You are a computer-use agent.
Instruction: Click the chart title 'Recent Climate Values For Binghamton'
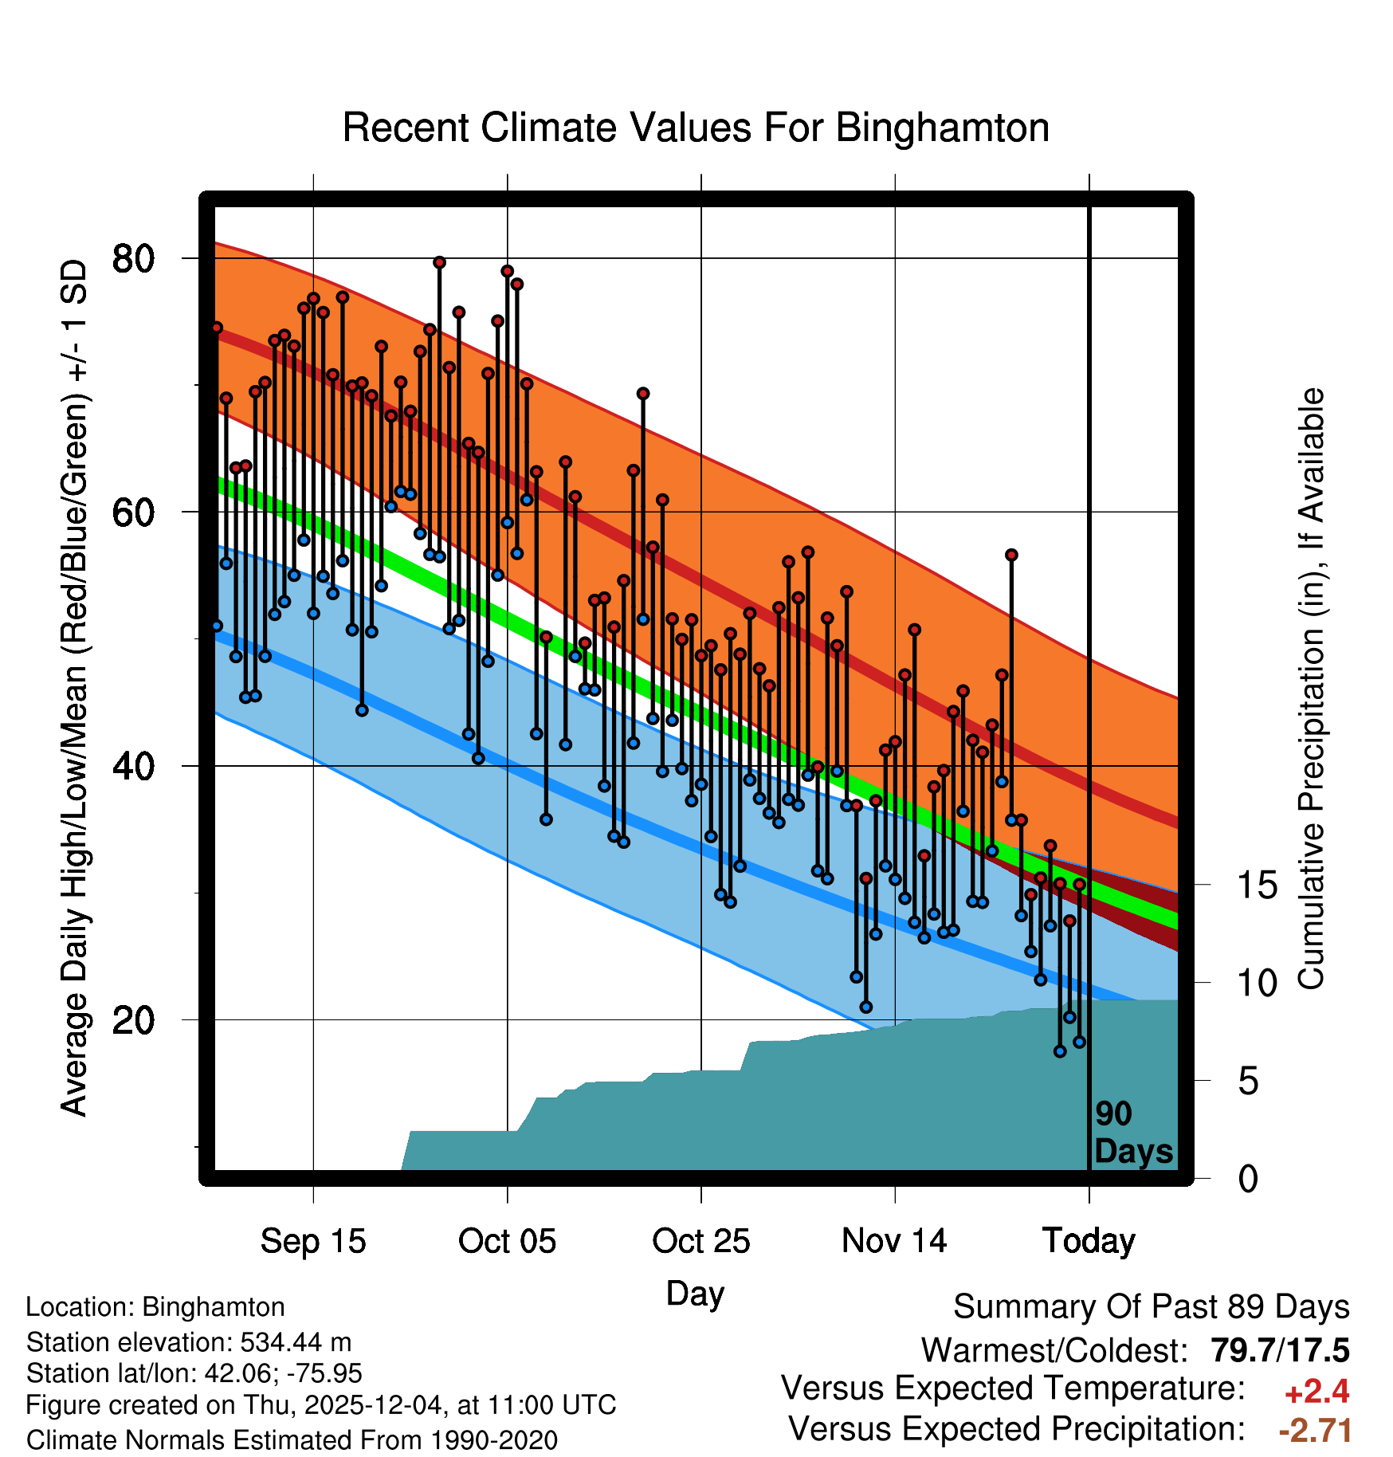point(696,128)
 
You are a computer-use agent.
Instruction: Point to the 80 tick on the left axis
point(133,258)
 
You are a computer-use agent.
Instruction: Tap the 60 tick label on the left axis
point(133,513)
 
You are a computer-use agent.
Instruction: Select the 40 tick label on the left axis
point(133,766)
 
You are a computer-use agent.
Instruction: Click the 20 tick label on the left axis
point(133,1019)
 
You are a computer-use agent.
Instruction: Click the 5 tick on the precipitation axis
point(1249,1082)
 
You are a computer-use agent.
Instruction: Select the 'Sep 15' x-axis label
point(313,1241)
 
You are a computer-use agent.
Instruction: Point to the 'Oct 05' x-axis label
point(507,1241)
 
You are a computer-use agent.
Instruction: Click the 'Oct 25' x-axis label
point(701,1241)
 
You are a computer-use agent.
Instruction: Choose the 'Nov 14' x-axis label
point(894,1241)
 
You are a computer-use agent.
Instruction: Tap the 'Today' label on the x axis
point(1089,1241)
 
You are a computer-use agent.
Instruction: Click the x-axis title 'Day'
point(695,1293)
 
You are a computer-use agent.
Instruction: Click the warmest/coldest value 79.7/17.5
point(1280,1350)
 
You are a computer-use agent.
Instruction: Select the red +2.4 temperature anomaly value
point(1316,1392)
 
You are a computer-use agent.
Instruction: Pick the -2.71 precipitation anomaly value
point(1315,1430)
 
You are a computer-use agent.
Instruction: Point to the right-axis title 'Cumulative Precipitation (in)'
point(1311,689)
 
